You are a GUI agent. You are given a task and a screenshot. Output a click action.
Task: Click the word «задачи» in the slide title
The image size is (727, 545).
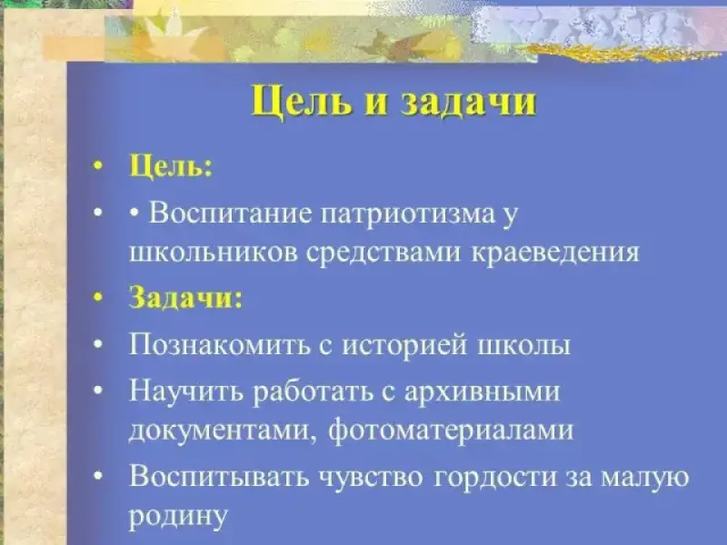pyautogui.click(x=468, y=103)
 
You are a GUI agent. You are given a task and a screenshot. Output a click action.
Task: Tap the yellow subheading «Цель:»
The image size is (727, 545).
pyautogui.click(x=171, y=167)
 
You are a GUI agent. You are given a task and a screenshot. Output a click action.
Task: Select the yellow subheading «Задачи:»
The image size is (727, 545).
pyautogui.click(x=185, y=298)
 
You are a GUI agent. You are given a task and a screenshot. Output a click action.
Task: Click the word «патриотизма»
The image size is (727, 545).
pyautogui.click(x=408, y=214)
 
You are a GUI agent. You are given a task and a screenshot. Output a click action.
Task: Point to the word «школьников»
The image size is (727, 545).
pyautogui.click(x=214, y=253)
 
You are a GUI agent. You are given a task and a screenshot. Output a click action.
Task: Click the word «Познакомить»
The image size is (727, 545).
pyautogui.click(x=220, y=345)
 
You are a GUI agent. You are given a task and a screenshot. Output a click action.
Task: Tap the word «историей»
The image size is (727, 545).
pyautogui.click(x=403, y=345)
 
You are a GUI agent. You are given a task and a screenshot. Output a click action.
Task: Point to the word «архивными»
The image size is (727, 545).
pyautogui.click(x=483, y=392)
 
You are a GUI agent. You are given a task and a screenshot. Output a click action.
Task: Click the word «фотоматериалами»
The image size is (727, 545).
pyautogui.click(x=451, y=430)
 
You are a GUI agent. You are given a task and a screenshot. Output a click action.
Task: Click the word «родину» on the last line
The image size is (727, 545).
pyautogui.click(x=178, y=517)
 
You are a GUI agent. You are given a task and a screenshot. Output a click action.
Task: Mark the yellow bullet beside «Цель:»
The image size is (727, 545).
pyautogui.click(x=97, y=168)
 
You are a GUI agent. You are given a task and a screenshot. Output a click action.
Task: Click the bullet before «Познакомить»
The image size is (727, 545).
pyautogui.click(x=97, y=346)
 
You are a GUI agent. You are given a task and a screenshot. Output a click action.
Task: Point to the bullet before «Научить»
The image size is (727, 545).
pyautogui.click(x=97, y=392)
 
